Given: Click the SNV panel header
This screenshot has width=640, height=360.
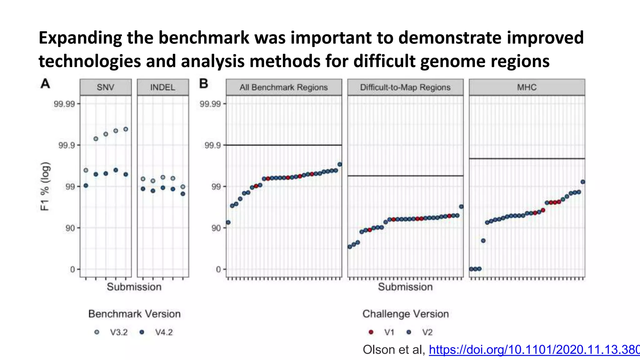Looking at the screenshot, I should click(105, 87).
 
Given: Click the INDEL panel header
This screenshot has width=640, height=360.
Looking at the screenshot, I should click(162, 87).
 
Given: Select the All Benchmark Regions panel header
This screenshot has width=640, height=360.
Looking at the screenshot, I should click(283, 87).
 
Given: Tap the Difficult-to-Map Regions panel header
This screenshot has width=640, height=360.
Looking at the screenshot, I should click(405, 87).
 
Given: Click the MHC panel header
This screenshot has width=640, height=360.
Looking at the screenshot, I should click(527, 87).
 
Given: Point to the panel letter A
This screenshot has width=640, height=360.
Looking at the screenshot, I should click(45, 84).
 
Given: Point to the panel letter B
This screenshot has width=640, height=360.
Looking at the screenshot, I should click(203, 84).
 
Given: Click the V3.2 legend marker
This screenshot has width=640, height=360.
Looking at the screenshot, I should click(97, 332).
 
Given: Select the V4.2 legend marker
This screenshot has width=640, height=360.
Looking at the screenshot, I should click(142, 332).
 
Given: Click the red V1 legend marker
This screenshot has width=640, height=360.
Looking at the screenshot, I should click(371, 332).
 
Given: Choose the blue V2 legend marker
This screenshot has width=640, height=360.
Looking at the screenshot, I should click(409, 332).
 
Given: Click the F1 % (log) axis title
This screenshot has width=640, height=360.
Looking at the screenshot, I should click(45, 186).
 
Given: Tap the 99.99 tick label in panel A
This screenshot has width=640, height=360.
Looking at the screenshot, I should click(64, 104).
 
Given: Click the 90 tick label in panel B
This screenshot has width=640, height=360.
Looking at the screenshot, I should click(216, 228).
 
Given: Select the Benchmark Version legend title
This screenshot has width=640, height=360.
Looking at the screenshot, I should click(134, 314).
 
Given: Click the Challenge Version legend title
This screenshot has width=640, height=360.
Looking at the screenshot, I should click(405, 314).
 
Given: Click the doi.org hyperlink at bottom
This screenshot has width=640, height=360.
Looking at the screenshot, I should click(534, 350).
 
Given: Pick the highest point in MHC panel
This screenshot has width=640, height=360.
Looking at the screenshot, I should click(582, 182).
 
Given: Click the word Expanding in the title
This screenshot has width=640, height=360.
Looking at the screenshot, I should click(80, 37).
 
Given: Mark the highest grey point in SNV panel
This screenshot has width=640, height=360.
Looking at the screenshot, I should click(126, 129).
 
